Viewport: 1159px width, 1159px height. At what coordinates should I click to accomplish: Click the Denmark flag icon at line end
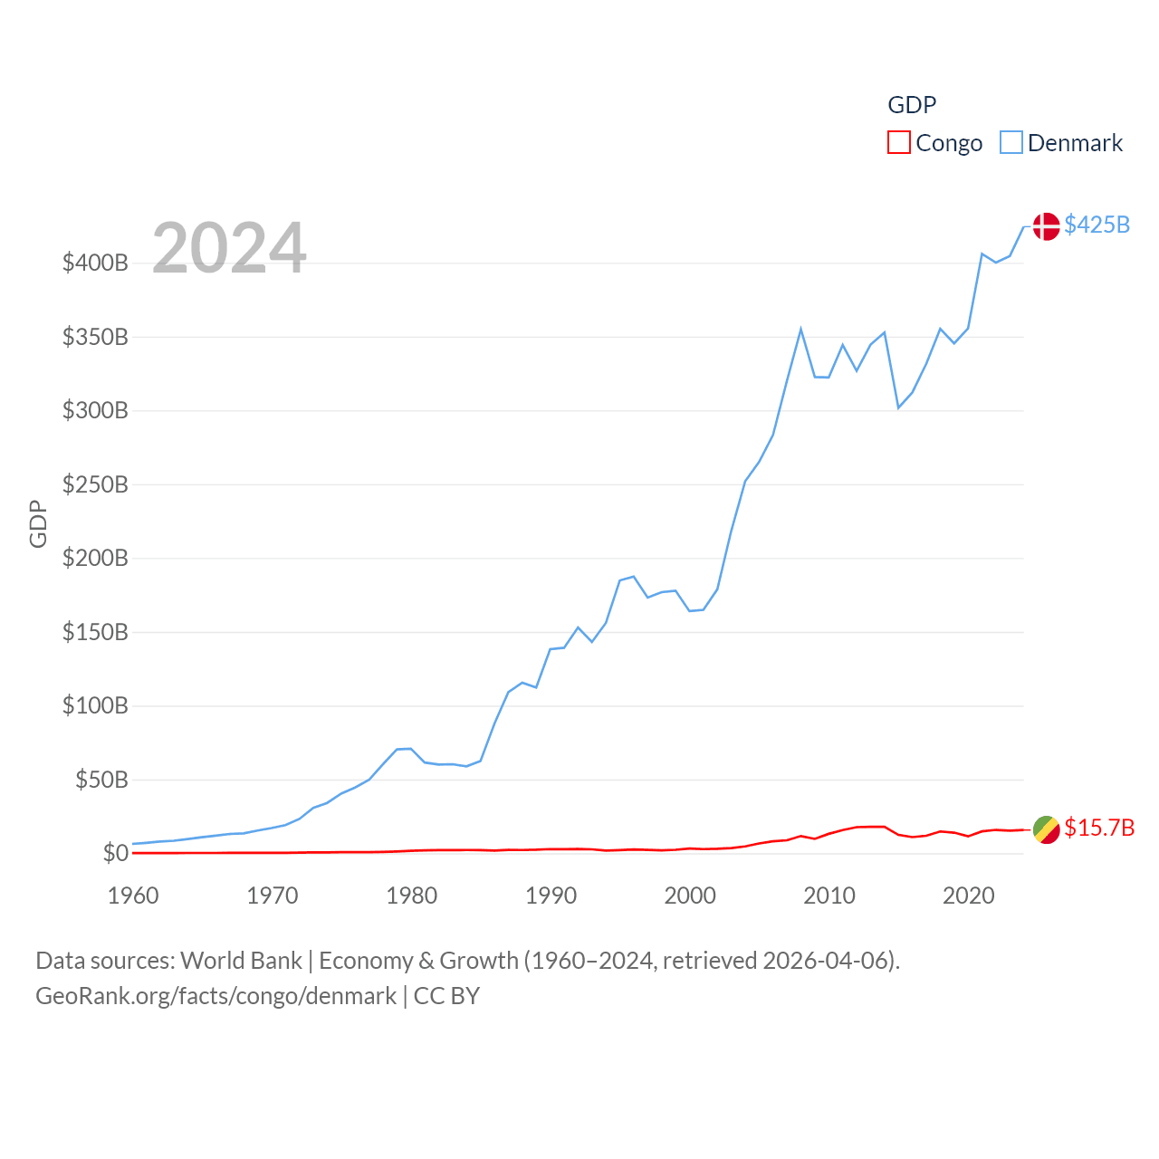click(1046, 225)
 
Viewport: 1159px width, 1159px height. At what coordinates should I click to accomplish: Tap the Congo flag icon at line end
click(1046, 829)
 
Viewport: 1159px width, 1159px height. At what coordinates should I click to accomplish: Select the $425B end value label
click(1097, 225)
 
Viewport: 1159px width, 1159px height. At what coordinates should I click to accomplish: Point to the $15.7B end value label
click(1099, 828)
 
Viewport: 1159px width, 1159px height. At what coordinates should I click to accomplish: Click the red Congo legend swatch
click(898, 143)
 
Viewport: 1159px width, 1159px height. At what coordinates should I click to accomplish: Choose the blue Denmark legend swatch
click(1011, 143)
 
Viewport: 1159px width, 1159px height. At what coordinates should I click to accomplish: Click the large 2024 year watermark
click(229, 248)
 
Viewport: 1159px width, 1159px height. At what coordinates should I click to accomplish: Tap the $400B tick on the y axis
click(95, 263)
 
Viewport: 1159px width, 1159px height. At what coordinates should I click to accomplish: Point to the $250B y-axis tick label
click(95, 484)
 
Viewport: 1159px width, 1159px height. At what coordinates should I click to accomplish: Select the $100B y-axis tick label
click(95, 705)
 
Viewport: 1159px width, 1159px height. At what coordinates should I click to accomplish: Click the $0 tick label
click(115, 853)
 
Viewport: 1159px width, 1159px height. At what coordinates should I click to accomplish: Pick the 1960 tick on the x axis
click(133, 896)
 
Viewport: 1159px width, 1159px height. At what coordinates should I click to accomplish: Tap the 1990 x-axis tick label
click(551, 896)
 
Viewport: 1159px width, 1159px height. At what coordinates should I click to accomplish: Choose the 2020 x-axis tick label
click(968, 896)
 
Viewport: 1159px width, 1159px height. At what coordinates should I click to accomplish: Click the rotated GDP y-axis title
click(38, 523)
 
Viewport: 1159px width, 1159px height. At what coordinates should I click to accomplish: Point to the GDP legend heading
click(912, 105)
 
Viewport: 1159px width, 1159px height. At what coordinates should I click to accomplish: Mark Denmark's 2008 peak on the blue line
click(800, 329)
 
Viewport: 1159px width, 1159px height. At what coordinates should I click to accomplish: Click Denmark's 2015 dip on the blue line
click(898, 407)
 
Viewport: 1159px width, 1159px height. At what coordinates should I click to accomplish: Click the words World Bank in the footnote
click(241, 961)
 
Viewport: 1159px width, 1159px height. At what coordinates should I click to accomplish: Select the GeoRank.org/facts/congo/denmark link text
click(216, 996)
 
